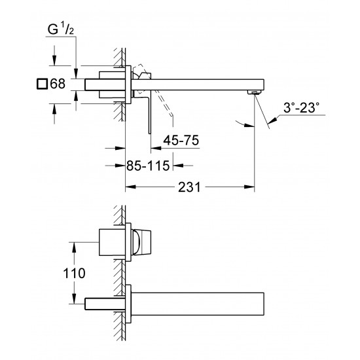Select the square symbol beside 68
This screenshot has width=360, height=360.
click(x=43, y=84)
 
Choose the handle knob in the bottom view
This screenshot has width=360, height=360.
click(x=143, y=242)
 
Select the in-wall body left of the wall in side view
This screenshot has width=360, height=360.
click(x=105, y=83)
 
